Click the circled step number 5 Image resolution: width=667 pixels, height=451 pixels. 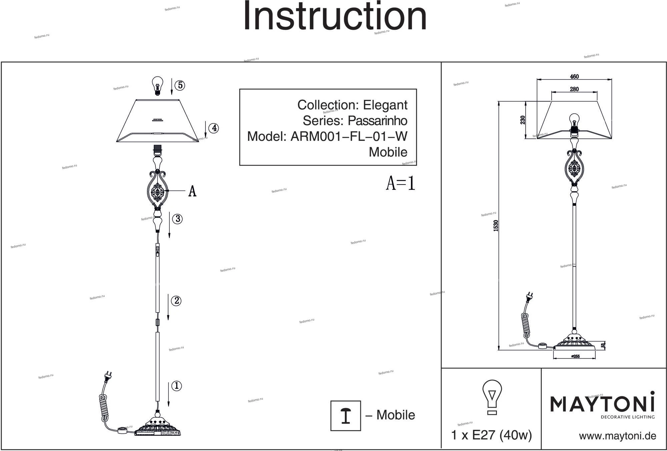point(180,85)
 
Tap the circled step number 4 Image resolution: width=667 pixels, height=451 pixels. point(213,128)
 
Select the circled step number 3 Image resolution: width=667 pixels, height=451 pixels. point(177,219)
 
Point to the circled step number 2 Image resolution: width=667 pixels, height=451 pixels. point(176,301)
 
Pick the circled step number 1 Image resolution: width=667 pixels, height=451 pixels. point(176,386)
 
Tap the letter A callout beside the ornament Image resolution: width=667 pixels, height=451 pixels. point(192,191)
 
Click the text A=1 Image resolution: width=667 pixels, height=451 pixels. point(401,183)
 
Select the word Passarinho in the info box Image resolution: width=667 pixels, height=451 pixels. point(378,120)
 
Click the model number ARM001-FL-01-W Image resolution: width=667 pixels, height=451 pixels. point(349,136)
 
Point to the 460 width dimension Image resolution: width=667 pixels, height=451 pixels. point(574,76)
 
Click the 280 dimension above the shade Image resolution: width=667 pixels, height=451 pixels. point(574,89)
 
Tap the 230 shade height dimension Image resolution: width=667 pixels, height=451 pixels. point(523,120)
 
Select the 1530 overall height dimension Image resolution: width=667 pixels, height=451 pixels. point(496,226)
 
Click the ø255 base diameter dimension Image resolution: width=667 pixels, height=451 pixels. point(575,356)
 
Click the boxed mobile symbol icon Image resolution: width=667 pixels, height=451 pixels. point(346,416)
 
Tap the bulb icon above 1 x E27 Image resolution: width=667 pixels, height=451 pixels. point(492,397)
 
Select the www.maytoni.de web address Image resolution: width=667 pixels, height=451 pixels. point(617,436)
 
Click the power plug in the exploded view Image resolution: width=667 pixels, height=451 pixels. point(108,376)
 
